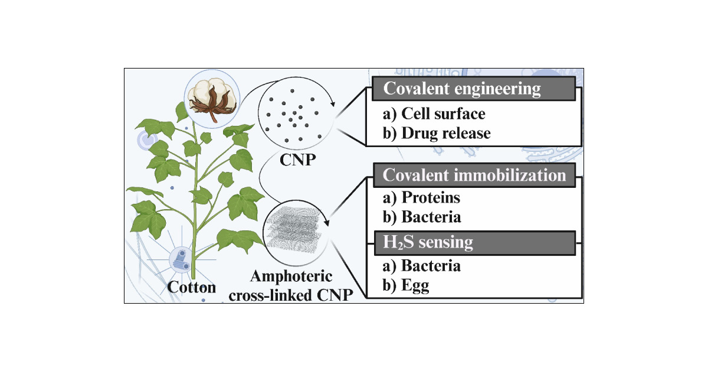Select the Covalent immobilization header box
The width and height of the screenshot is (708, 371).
[x=474, y=175]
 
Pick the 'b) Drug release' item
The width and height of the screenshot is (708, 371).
[x=437, y=134]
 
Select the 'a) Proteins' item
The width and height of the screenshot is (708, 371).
[x=421, y=198]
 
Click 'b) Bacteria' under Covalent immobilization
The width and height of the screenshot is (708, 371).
[x=422, y=217]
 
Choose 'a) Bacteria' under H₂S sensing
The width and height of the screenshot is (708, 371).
[x=422, y=266]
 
